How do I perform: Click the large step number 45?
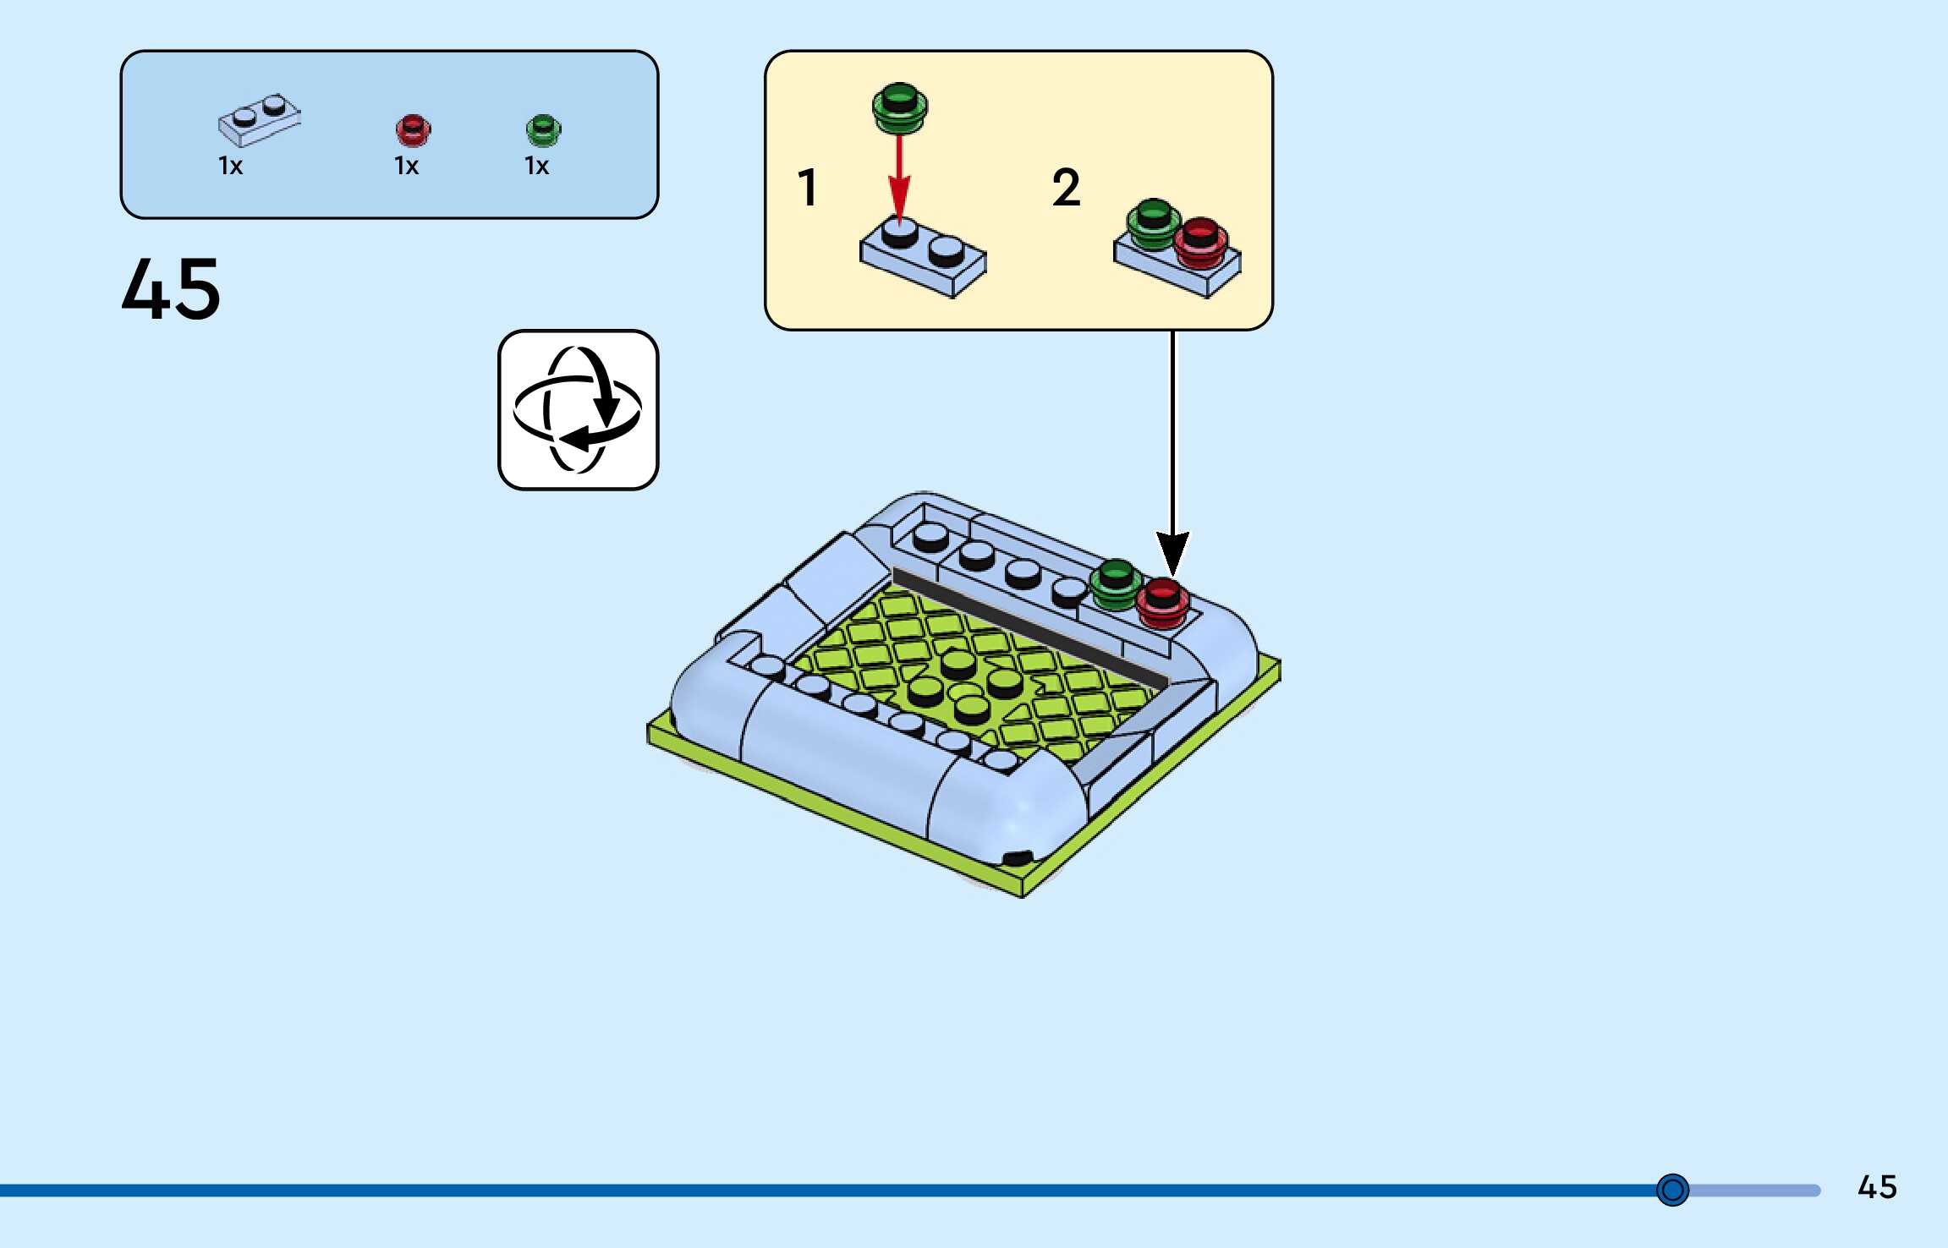point(171,289)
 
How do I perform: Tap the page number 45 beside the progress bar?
point(1877,1187)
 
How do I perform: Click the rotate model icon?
point(578,410)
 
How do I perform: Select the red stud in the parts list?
point(413,130)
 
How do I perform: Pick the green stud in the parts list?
point(543,130)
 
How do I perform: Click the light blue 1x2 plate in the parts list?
point(259,120)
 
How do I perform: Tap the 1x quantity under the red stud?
point(407,166)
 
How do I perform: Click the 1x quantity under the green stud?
point(537,166)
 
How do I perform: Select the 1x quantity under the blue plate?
point(231,166)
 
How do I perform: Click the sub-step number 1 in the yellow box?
point(808,187)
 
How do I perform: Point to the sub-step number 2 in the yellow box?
point(1066,187)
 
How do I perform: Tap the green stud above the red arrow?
point(900,107)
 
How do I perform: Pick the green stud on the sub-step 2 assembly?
point(1153,222)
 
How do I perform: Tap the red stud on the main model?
point(1162,600)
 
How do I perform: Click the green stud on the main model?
point(1116,582)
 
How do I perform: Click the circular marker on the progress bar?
point(1672,1190)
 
